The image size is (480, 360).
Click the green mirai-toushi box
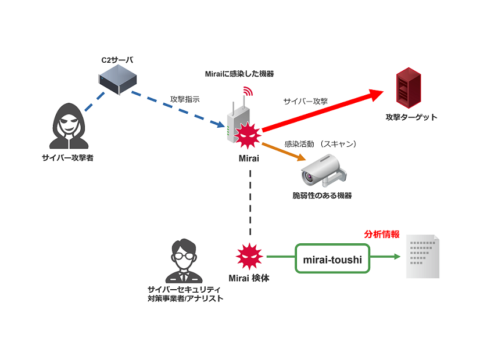(332, 260)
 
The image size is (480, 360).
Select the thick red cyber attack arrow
(320, 111)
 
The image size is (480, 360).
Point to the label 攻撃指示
(185, 99)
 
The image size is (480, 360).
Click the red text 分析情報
(382, 235)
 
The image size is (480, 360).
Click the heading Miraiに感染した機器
(239, 74)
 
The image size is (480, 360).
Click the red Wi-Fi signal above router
(248, 92)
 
